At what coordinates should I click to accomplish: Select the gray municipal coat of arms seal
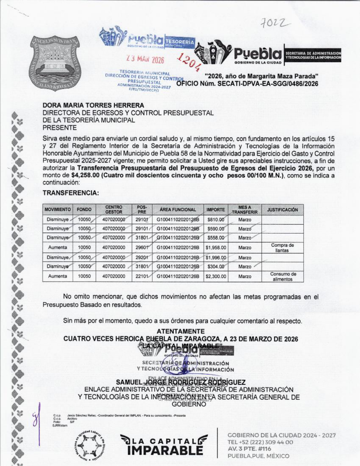pyautogui.click(x=55, y=64)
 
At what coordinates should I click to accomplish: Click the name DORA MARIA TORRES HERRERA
pyautogui.click(x=93, y=105)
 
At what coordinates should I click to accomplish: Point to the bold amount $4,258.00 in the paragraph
pyautogui.click(x=85, y=175)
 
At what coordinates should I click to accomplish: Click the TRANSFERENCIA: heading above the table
pyautogui.click(x=71, y=193)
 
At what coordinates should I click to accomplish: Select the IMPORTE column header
pyautogui.click(x=216, y=210)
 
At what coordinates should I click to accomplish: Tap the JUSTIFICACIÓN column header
pyautogui.click(x=282, y=210)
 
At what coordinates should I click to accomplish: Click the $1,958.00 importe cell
pyautogui.click(x=216, y=248)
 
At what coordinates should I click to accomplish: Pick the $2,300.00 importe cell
pyautogui.click(x=216, y=276)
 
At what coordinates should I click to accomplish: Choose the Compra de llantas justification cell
pyautogui.click(x=282, y=248)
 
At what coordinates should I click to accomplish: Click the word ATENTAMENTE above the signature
pyautogui.click(x=180, y=331)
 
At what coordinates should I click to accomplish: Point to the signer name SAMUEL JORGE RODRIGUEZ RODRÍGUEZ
pyautogui.click(x=181, y=382)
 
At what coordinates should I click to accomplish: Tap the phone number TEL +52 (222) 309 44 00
pyautogui.click(x=260, y=442)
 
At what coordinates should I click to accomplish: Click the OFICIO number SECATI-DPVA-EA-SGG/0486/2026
pyautogui.click(x=247, y=84)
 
